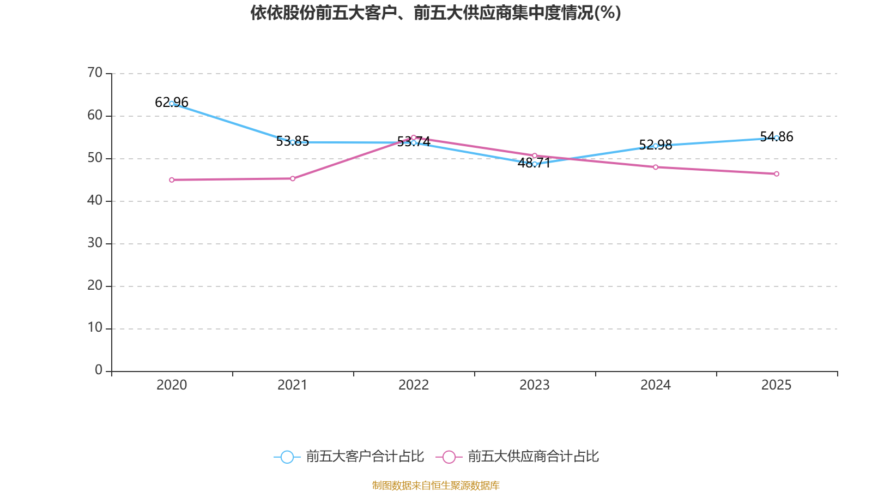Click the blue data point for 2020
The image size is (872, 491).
[172, 104]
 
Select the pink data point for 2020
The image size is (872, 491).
[172, 179]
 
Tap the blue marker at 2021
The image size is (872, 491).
[293, 142]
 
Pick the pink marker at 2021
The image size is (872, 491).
[293, 178]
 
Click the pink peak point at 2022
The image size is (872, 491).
[414, 137]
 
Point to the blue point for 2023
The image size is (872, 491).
[535, 164]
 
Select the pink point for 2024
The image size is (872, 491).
[656, 167]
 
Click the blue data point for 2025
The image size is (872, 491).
[777, 138]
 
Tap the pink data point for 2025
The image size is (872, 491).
[777, 174]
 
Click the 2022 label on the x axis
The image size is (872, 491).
[414, 385]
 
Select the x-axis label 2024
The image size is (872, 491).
[656, 385]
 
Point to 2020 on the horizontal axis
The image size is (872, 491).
[172, 385]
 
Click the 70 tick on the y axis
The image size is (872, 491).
[95, 73]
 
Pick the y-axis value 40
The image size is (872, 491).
[95, 200]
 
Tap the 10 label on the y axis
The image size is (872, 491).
[95, 328]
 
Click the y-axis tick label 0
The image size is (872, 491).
[99, 370]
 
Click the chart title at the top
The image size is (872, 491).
[435, 13]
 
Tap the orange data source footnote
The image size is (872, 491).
[435, 485]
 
